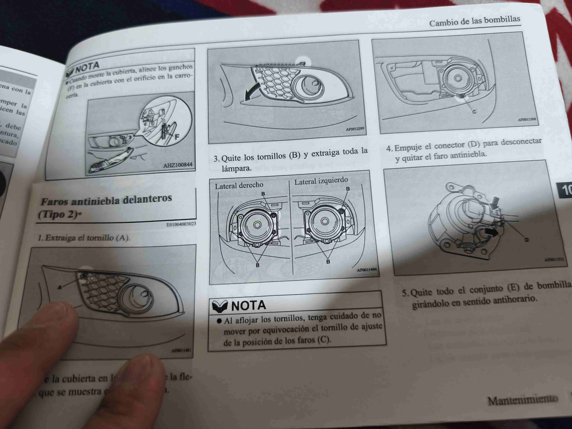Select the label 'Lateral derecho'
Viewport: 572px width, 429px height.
coord(239,185)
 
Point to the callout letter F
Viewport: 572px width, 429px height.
coord(177,137)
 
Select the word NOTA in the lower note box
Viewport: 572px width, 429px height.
coord(248,305)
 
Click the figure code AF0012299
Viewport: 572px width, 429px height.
coord(355,129)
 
